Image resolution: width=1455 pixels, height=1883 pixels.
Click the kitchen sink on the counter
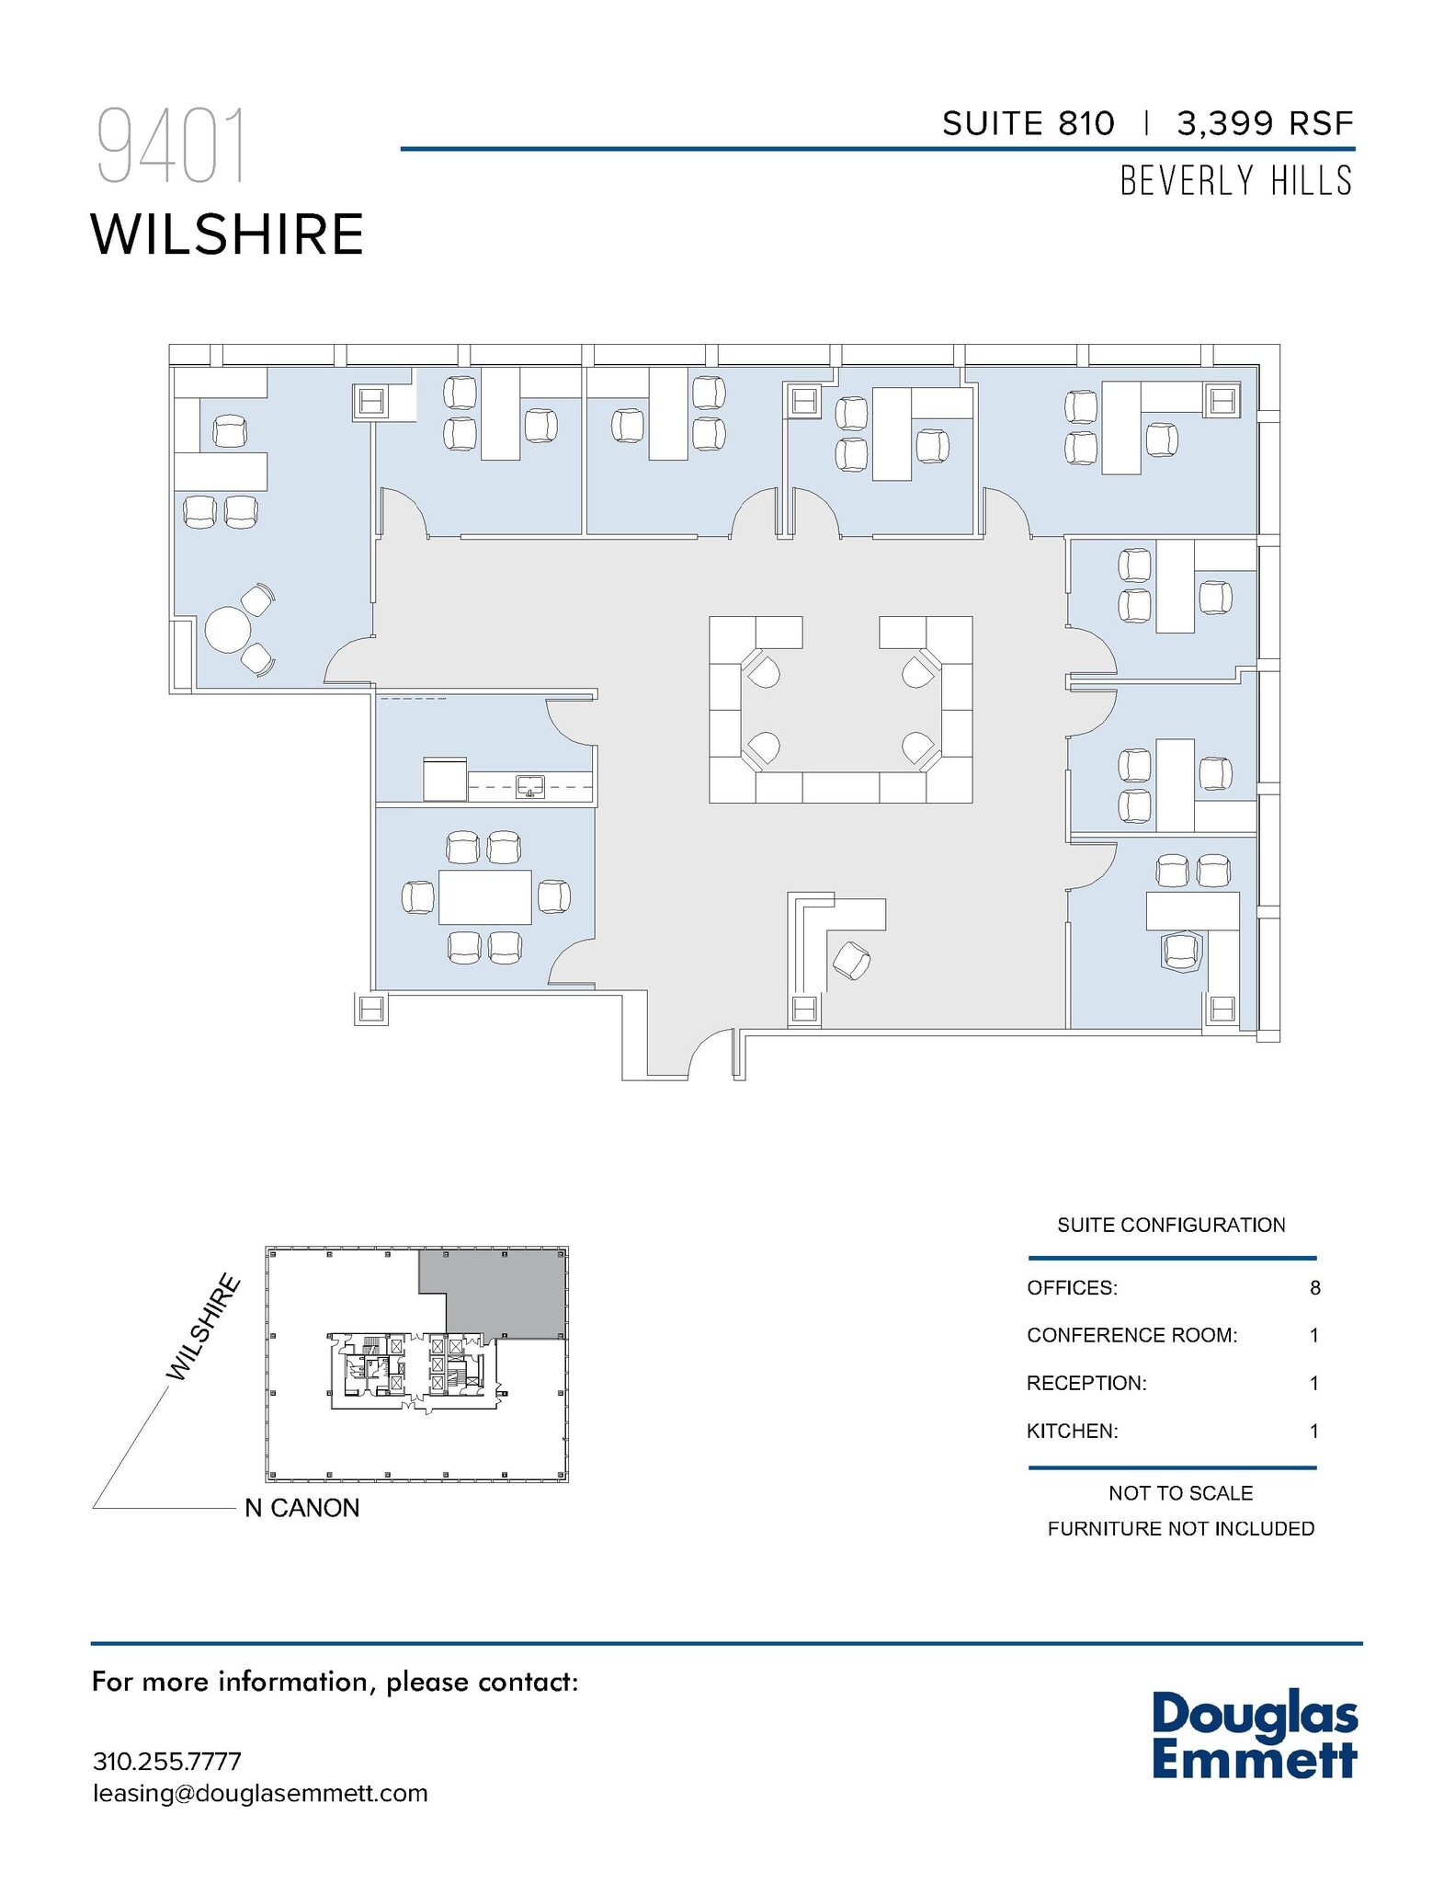pos(530,786)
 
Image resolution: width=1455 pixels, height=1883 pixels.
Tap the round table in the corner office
pos(227,630)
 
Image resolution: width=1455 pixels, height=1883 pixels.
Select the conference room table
pos(484,896)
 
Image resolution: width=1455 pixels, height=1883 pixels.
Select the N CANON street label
pos(301,1508)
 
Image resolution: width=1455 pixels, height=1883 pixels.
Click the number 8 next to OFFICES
pos(1314,1288)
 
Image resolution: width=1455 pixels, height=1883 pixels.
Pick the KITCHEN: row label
pos(1072,1431)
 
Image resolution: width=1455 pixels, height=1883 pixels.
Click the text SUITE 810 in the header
pos(1028,123)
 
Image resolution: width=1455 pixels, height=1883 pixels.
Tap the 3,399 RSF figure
pos(1265,123)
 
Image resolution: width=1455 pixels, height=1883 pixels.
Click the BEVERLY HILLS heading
pos(1236,181)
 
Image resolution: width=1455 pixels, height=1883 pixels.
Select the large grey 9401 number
pos(172,147)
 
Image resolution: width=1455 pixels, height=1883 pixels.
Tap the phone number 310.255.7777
pos(166,1762)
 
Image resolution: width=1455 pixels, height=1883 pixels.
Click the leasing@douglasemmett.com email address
pos(260,1793)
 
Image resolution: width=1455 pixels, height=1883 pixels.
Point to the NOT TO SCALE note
pos(1180,1493)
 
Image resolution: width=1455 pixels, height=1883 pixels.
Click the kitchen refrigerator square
pos(445,779)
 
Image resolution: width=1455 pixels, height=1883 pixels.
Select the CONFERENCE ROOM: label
pos(1131,1335)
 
